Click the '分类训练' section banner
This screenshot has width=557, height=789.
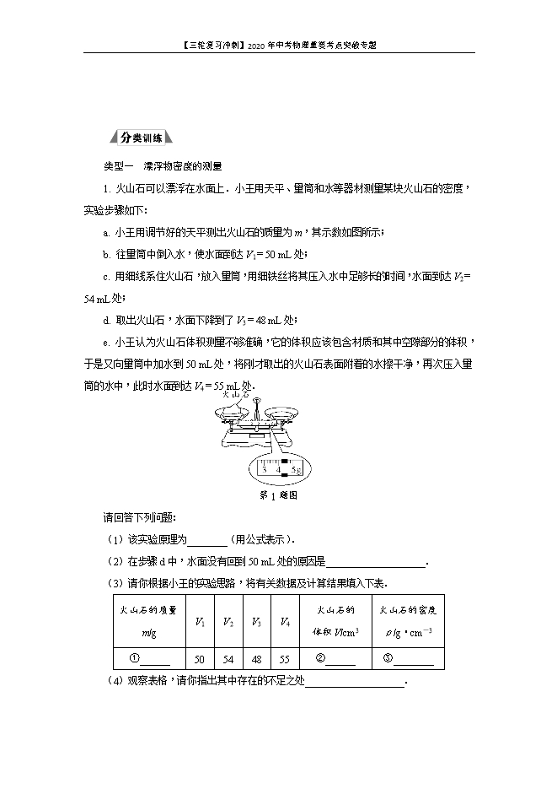[141, 138]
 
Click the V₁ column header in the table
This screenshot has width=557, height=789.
[200, 622]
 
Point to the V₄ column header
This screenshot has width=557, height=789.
[285, 622]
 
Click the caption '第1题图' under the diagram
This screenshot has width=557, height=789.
[278, 495]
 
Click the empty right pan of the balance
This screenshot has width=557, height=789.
[287, 412]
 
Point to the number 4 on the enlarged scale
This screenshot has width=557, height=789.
[278, 469]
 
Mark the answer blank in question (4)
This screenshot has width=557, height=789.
[355, 683]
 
